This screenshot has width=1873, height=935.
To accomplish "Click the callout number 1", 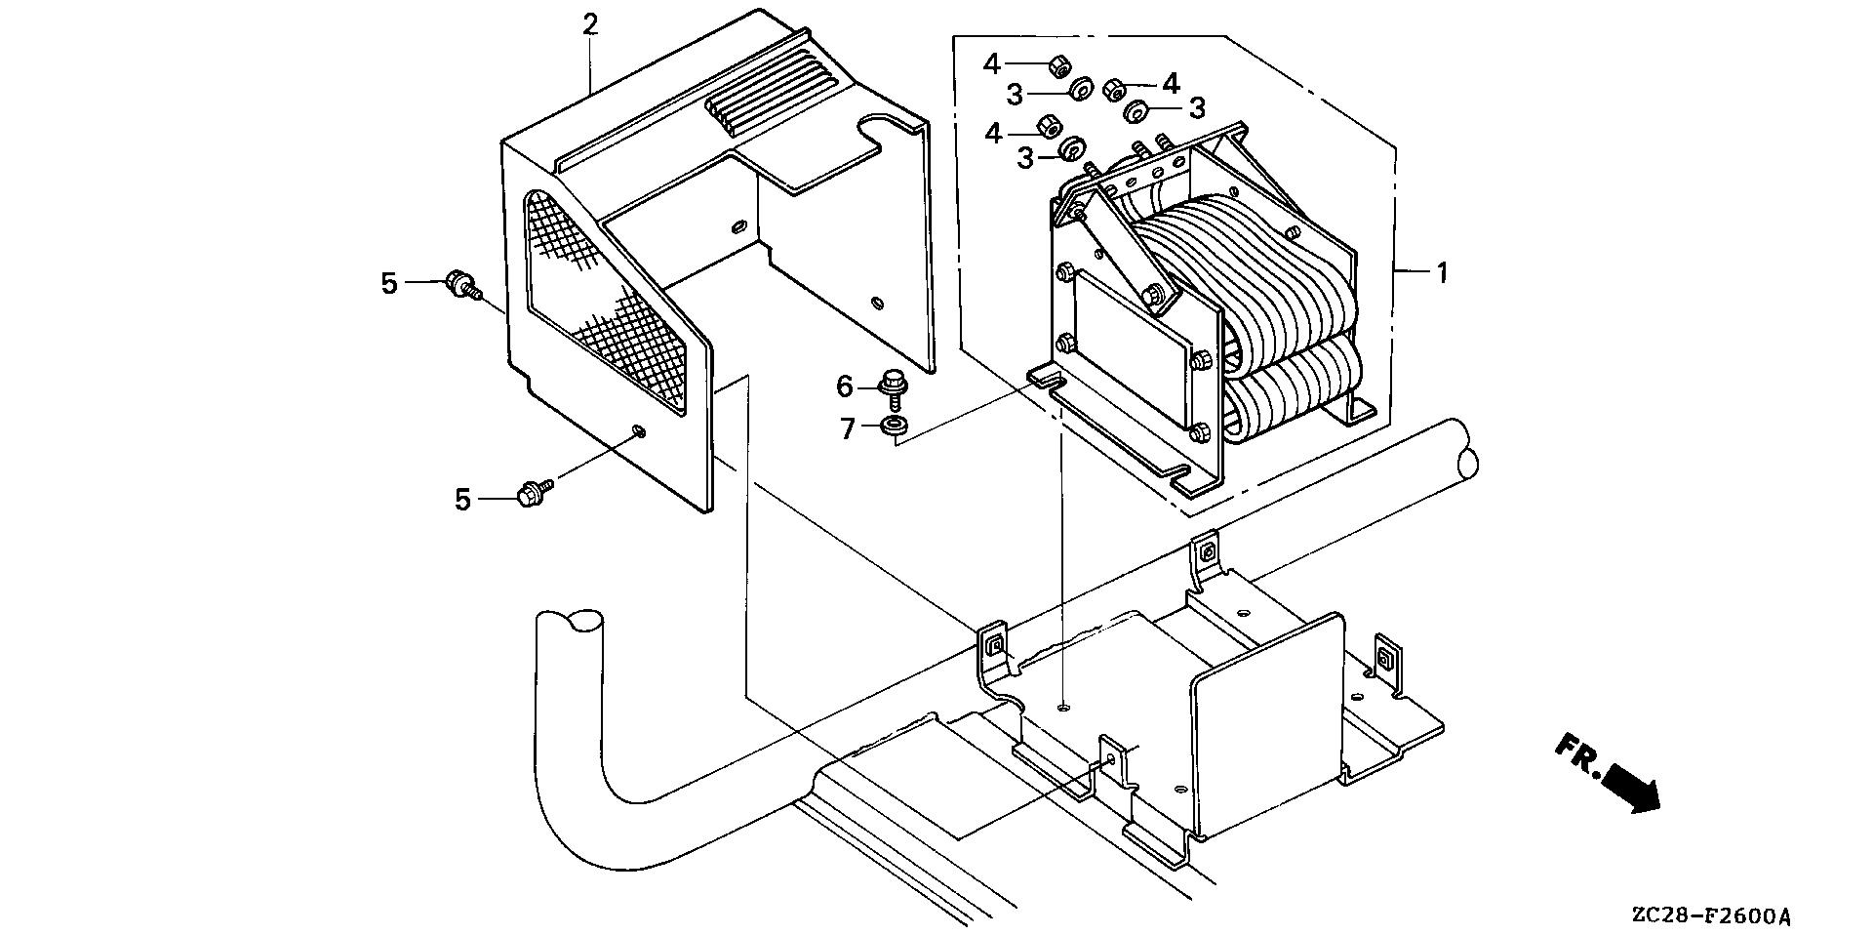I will [1441, 273].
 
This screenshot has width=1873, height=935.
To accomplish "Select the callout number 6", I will [845, 387].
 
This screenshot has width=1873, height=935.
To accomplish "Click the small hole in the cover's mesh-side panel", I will [638, 429].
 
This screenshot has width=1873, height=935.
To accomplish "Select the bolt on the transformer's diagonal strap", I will [1157, 292].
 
